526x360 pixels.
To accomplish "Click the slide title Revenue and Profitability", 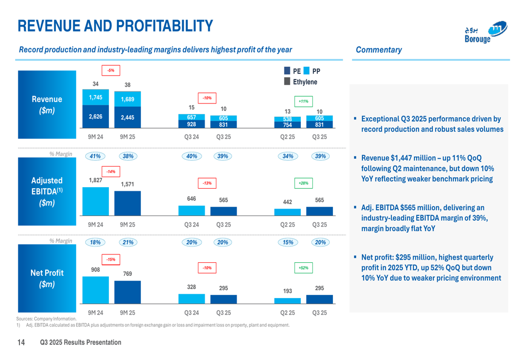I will pyautogui.click(x=115, y=25).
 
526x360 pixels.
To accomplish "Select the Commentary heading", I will pyautogui.click(x=379, y=50).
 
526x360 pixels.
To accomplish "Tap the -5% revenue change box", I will pyautogui.click(x=110, y=70).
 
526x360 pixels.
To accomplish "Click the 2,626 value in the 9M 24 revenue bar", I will pyautogui.click(x=95, y=117).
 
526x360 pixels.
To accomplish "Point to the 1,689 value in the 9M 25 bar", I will pyautogui.click(x=127, y=99).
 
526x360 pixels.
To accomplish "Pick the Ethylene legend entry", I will pyautogui.click(x=301, y=82).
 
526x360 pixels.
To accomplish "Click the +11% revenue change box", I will pyautogui.click(x=304, y=101).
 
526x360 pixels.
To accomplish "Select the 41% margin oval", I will pyautogui.click(x=95, y=156).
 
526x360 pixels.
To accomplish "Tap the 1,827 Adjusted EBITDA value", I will pyautogui.click(x=95, y=180).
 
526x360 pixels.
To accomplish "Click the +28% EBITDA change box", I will pyautogui.click(x=304, y=183).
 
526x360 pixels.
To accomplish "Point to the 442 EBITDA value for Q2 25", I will pyautogui.click(x=288, y=202).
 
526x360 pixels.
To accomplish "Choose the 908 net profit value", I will pyautogui.click(x=95, y=270).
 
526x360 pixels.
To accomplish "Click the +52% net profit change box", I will pyautogui.click(x=304, y=268).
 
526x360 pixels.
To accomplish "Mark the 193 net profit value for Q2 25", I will pyautogui.click(x=288, y=291).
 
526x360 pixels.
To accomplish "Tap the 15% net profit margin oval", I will pyautogui.click(x=288, y=242).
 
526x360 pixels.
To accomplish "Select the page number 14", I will pyautogui.click(x=21, y=343).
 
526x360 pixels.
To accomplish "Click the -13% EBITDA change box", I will pyautogui.click(x=207, y=183).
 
